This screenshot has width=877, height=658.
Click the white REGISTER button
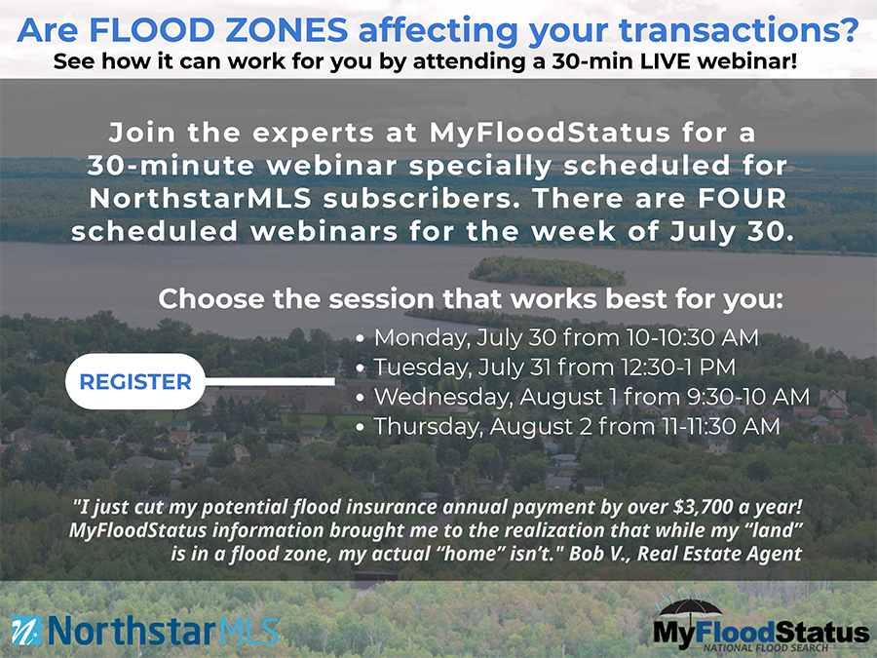point(135,381)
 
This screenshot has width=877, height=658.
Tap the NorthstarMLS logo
point(145,631)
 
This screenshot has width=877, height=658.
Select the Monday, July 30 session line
point(557,338)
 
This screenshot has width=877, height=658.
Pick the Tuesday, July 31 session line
point(546,368)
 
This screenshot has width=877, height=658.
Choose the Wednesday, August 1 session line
point(583,397)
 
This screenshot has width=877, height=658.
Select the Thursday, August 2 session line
point(567,426)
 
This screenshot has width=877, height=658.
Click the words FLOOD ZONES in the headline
point(218,30)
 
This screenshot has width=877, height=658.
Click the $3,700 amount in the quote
point(703,506)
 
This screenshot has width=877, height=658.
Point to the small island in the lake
point(547,271)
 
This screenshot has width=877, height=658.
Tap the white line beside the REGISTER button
point(270,381)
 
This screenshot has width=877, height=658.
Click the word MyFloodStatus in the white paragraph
point(550,134)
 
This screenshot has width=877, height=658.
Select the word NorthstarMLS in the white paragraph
point(200,199)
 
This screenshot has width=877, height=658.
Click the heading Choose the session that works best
point(471,299)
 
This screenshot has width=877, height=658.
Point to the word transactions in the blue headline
point(739,30)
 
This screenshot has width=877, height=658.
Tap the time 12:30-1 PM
point(678,368)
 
